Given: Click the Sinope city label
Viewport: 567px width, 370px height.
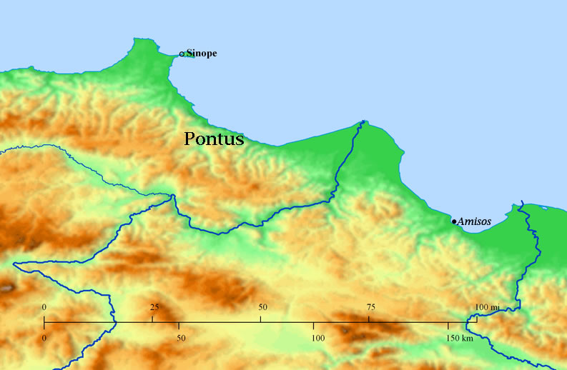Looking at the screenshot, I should click(x=201, y=54).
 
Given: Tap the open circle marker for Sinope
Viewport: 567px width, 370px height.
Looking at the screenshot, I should click(x=182, y=54).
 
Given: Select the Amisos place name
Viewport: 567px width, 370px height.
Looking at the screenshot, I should click(x=475, y=221).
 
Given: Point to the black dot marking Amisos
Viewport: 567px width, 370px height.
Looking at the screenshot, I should click(x=454, y=221).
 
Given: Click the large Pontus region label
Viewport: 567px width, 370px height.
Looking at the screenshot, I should click(x=214, y=139).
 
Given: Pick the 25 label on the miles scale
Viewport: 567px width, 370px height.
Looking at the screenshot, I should click(x=154, y=306).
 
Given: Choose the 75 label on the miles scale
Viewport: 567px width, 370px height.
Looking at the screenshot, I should click(x=370, y=306).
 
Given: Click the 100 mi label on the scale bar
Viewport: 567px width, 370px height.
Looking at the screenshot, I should click(x=488, y=307).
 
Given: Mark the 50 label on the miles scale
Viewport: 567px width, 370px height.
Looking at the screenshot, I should click(x=262, y=306).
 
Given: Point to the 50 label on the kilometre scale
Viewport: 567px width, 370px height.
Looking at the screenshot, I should click(x=181, y=337).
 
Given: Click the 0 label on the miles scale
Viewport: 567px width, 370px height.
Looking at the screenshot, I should click(x=44, y=306).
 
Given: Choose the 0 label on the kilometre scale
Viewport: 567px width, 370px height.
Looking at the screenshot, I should click(x=44, y=337).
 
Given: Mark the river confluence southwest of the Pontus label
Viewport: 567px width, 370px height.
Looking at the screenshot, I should click(x=173, y=195).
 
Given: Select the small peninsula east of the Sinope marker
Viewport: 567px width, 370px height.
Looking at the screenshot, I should click(x=191, y=54).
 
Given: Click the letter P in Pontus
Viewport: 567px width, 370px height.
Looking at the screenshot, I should click(x=190, y=139).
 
